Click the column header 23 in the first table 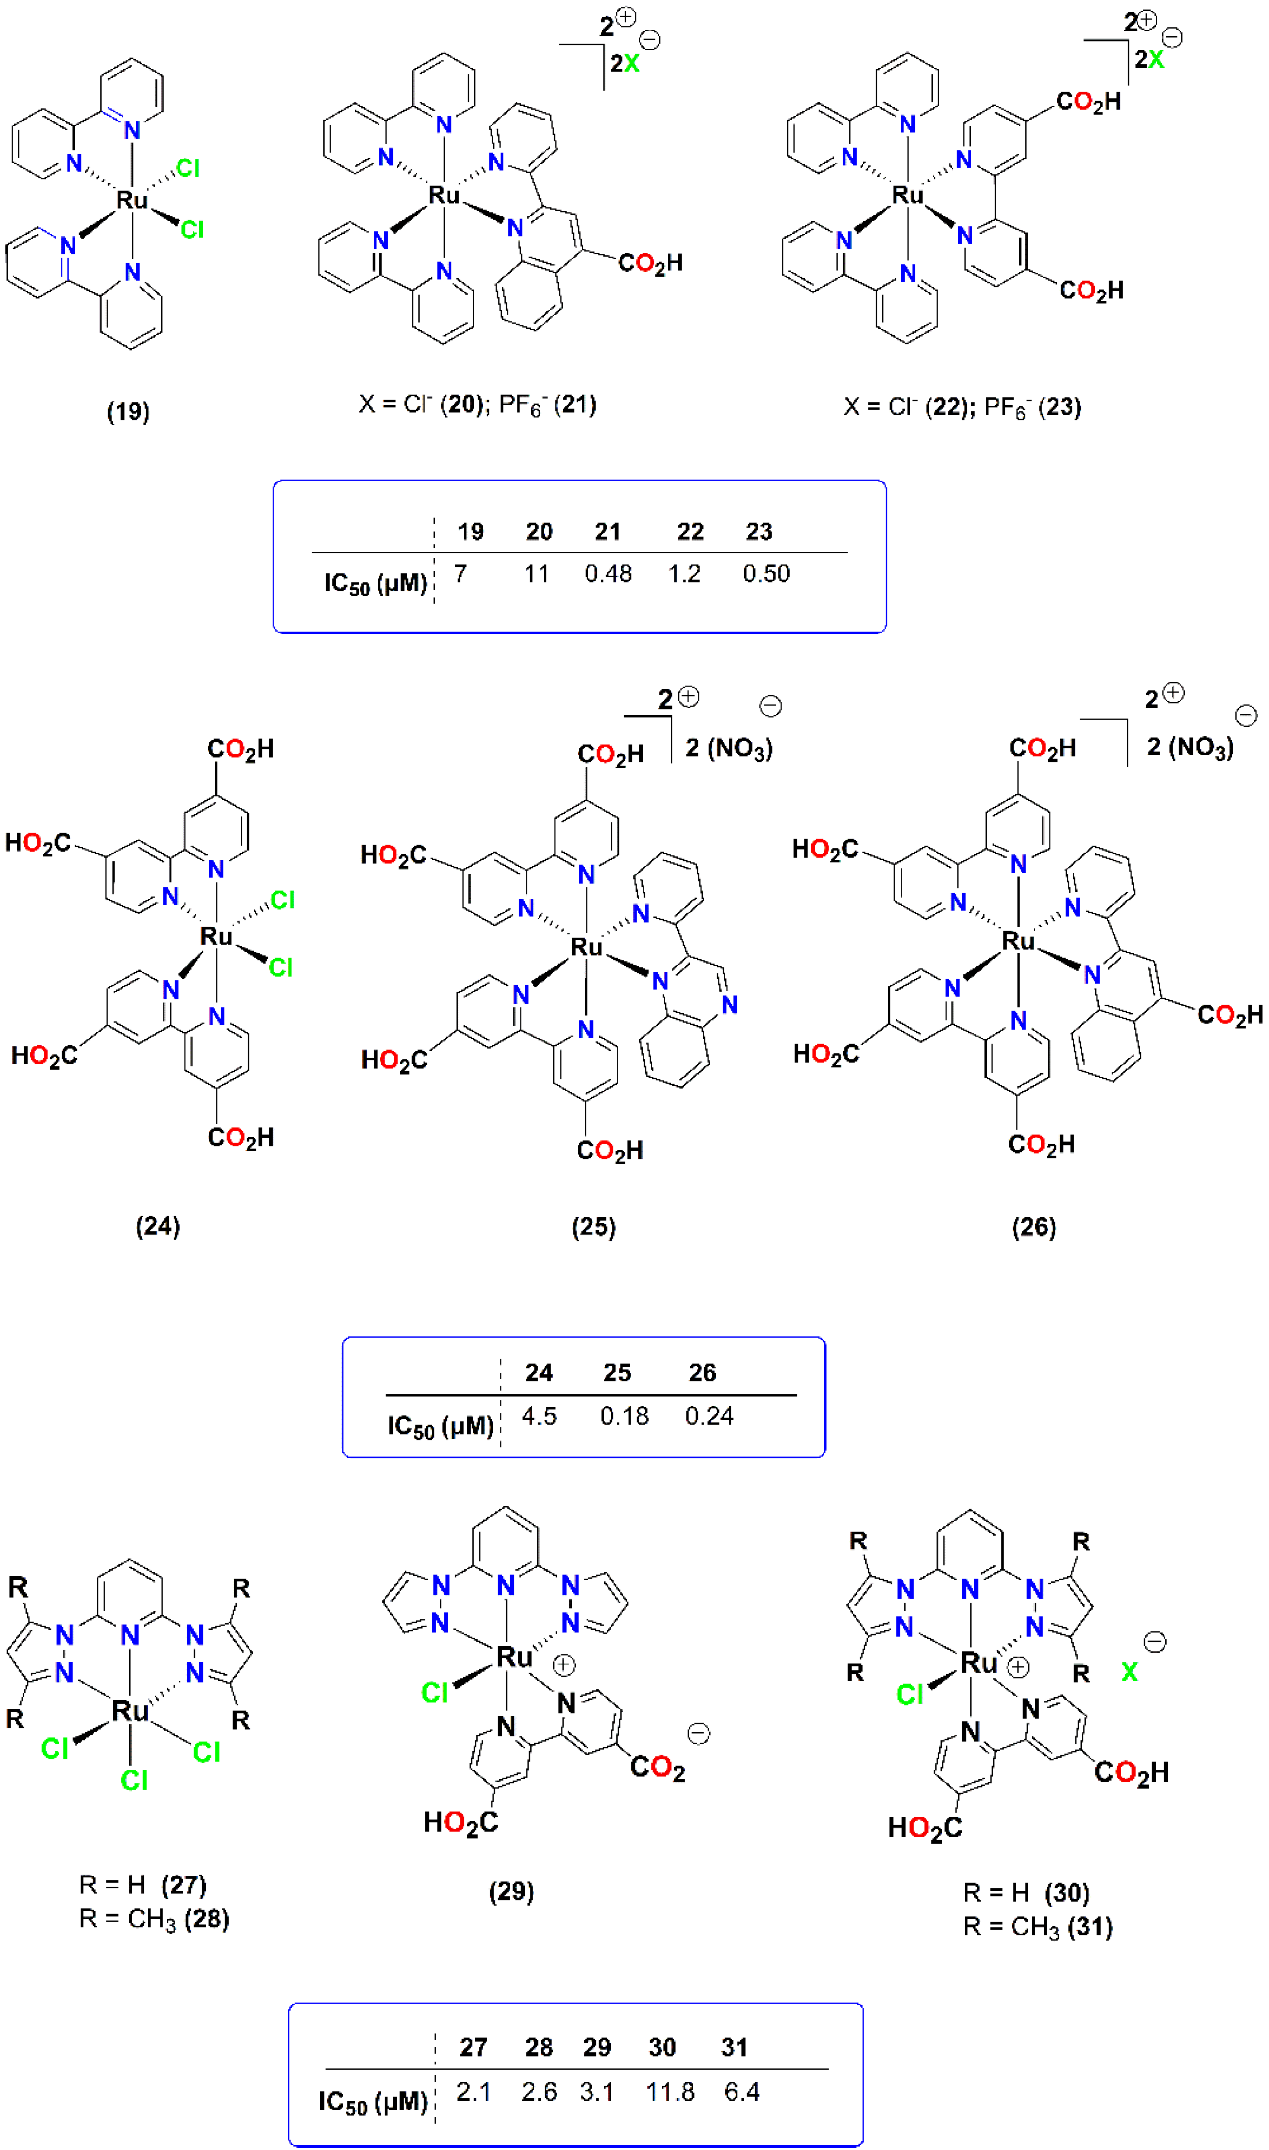point(759,532)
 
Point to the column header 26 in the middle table point(702,1373)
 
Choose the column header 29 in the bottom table point(597,2048)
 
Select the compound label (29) point(511,1891)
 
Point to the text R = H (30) point(1026,1892)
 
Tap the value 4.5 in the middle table point(539,1416)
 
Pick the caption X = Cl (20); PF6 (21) point(477,404)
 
